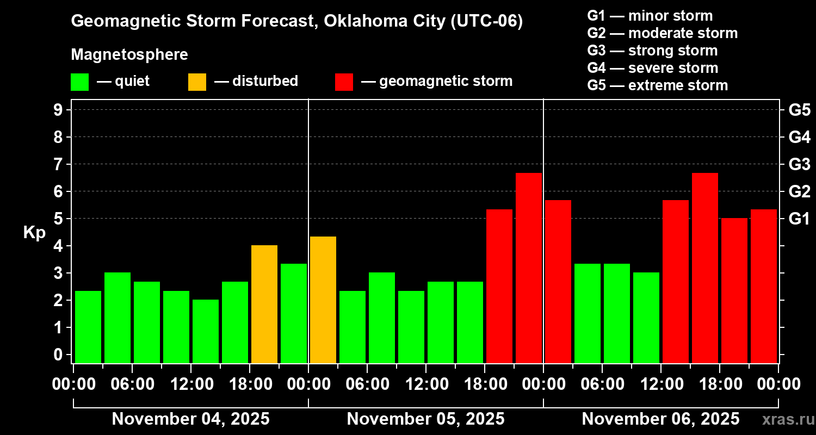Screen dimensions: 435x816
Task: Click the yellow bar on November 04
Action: pos(264,304)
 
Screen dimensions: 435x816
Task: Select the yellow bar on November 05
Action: pos(323,300)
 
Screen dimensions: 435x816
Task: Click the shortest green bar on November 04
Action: pos(206,331)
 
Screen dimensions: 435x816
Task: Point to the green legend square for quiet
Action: pos(80,82)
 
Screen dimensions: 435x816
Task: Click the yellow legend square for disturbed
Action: pos(197,82)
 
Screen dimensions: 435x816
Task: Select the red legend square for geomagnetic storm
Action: pos(344,82)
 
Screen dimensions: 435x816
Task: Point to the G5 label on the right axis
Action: pos(799,110)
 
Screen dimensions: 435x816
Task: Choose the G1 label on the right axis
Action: pos(799,219)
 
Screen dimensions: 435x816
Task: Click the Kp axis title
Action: pos(34,233)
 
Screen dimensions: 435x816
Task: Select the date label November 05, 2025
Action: pos(425,419)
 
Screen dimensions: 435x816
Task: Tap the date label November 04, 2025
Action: pos(190,419)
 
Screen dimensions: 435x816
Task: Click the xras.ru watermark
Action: pos(787,419)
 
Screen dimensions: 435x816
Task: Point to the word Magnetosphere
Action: pos(129,55)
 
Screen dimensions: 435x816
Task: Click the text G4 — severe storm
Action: pos(653,68)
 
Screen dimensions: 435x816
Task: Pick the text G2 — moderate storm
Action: pos(663,33)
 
